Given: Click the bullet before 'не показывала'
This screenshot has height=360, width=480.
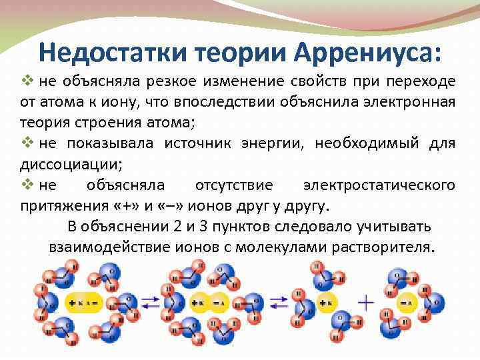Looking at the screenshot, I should point(29,143).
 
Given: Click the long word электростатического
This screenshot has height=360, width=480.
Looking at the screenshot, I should point(379,185).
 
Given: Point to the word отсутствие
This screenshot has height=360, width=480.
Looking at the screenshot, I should point(234,185).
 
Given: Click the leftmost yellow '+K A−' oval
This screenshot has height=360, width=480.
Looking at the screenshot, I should point(83,303).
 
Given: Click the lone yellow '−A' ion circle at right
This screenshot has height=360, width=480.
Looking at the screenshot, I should point(405,303).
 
